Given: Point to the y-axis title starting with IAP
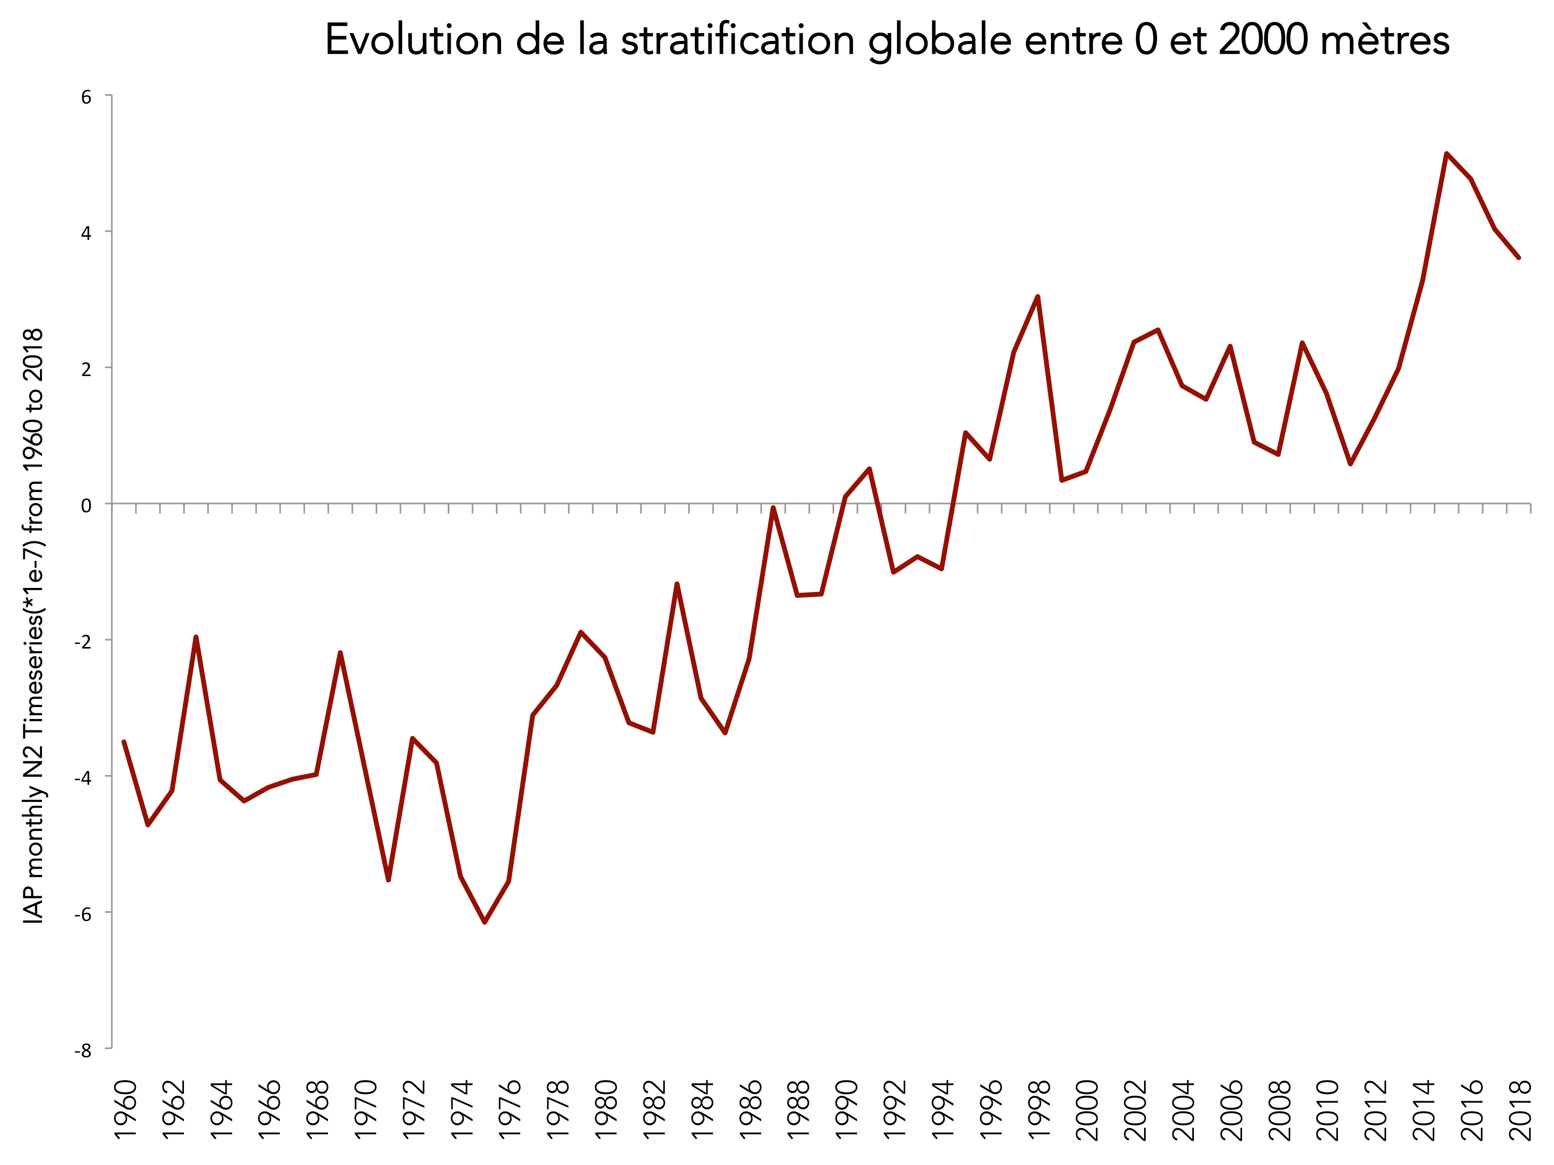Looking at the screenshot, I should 34,626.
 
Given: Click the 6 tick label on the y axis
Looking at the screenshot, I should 87,97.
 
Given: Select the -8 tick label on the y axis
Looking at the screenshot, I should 83,1051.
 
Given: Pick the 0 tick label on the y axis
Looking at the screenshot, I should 87,506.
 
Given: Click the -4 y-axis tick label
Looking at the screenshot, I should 83,778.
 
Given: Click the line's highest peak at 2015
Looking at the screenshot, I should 1447,153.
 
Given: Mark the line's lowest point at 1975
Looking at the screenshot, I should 484,922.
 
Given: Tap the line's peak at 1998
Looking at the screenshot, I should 1037,296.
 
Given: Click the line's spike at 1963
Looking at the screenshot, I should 196,637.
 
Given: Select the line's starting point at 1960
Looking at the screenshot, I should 124,742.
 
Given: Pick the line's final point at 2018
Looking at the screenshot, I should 1519,258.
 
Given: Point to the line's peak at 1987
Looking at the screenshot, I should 773,508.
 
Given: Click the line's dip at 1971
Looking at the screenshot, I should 389,880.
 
